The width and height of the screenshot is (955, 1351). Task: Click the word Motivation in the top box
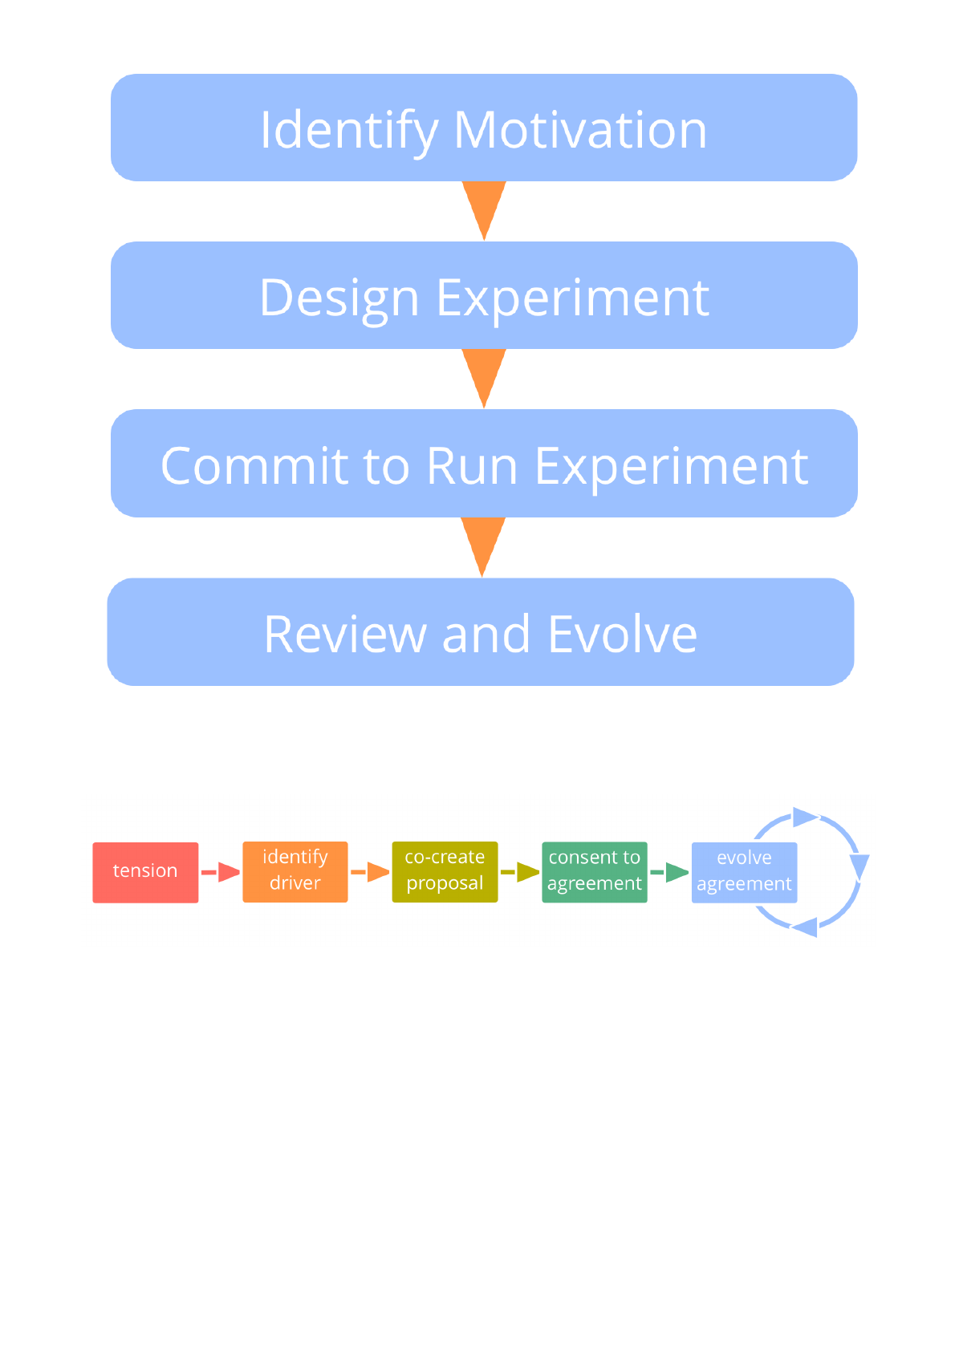[579, 129]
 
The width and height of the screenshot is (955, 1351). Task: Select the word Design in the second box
[339, 298]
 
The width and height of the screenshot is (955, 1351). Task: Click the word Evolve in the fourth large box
[623, 634]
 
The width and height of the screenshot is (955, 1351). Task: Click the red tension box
[145, 872]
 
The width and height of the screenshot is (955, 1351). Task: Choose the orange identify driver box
[295, 871]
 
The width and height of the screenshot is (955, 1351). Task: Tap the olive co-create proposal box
[445, 871]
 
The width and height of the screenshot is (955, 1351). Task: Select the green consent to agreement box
[595, 871]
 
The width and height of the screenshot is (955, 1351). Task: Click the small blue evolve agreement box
[744, 872]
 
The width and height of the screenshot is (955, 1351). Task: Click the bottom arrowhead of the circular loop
[805, 927]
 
